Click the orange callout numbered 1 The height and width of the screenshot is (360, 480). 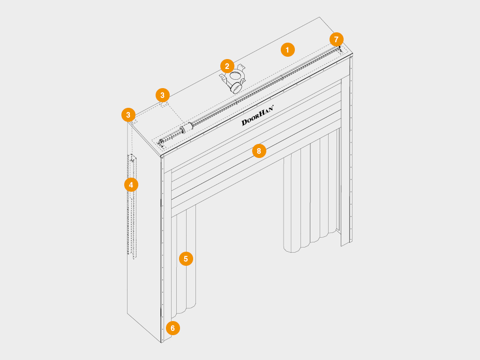click(x=287, y=50)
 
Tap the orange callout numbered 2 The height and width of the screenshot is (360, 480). click(x=227, y=66)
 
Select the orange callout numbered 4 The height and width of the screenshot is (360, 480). click(x=131, y=185)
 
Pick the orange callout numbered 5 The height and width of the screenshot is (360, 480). click(x=186, y=259)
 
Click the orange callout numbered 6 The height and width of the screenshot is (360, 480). click(x=172, y=328)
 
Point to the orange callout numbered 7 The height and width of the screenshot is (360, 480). click(x=337, y=39)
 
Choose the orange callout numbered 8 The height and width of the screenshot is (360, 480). click(x=259, y=151)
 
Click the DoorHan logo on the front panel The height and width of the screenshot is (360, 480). click(x=257, y=115)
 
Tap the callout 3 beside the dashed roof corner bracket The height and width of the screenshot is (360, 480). click(x=163, y=95)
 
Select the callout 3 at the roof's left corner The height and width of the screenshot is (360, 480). click(x=128, y=115)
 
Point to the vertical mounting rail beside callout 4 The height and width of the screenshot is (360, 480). click(x=132, y=207)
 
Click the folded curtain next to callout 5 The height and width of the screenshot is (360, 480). click(x=184, y=263)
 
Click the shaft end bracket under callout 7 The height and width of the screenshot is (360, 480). click(x=339, y=48)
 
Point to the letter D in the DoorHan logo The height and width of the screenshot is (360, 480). click(x=245, y=122)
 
